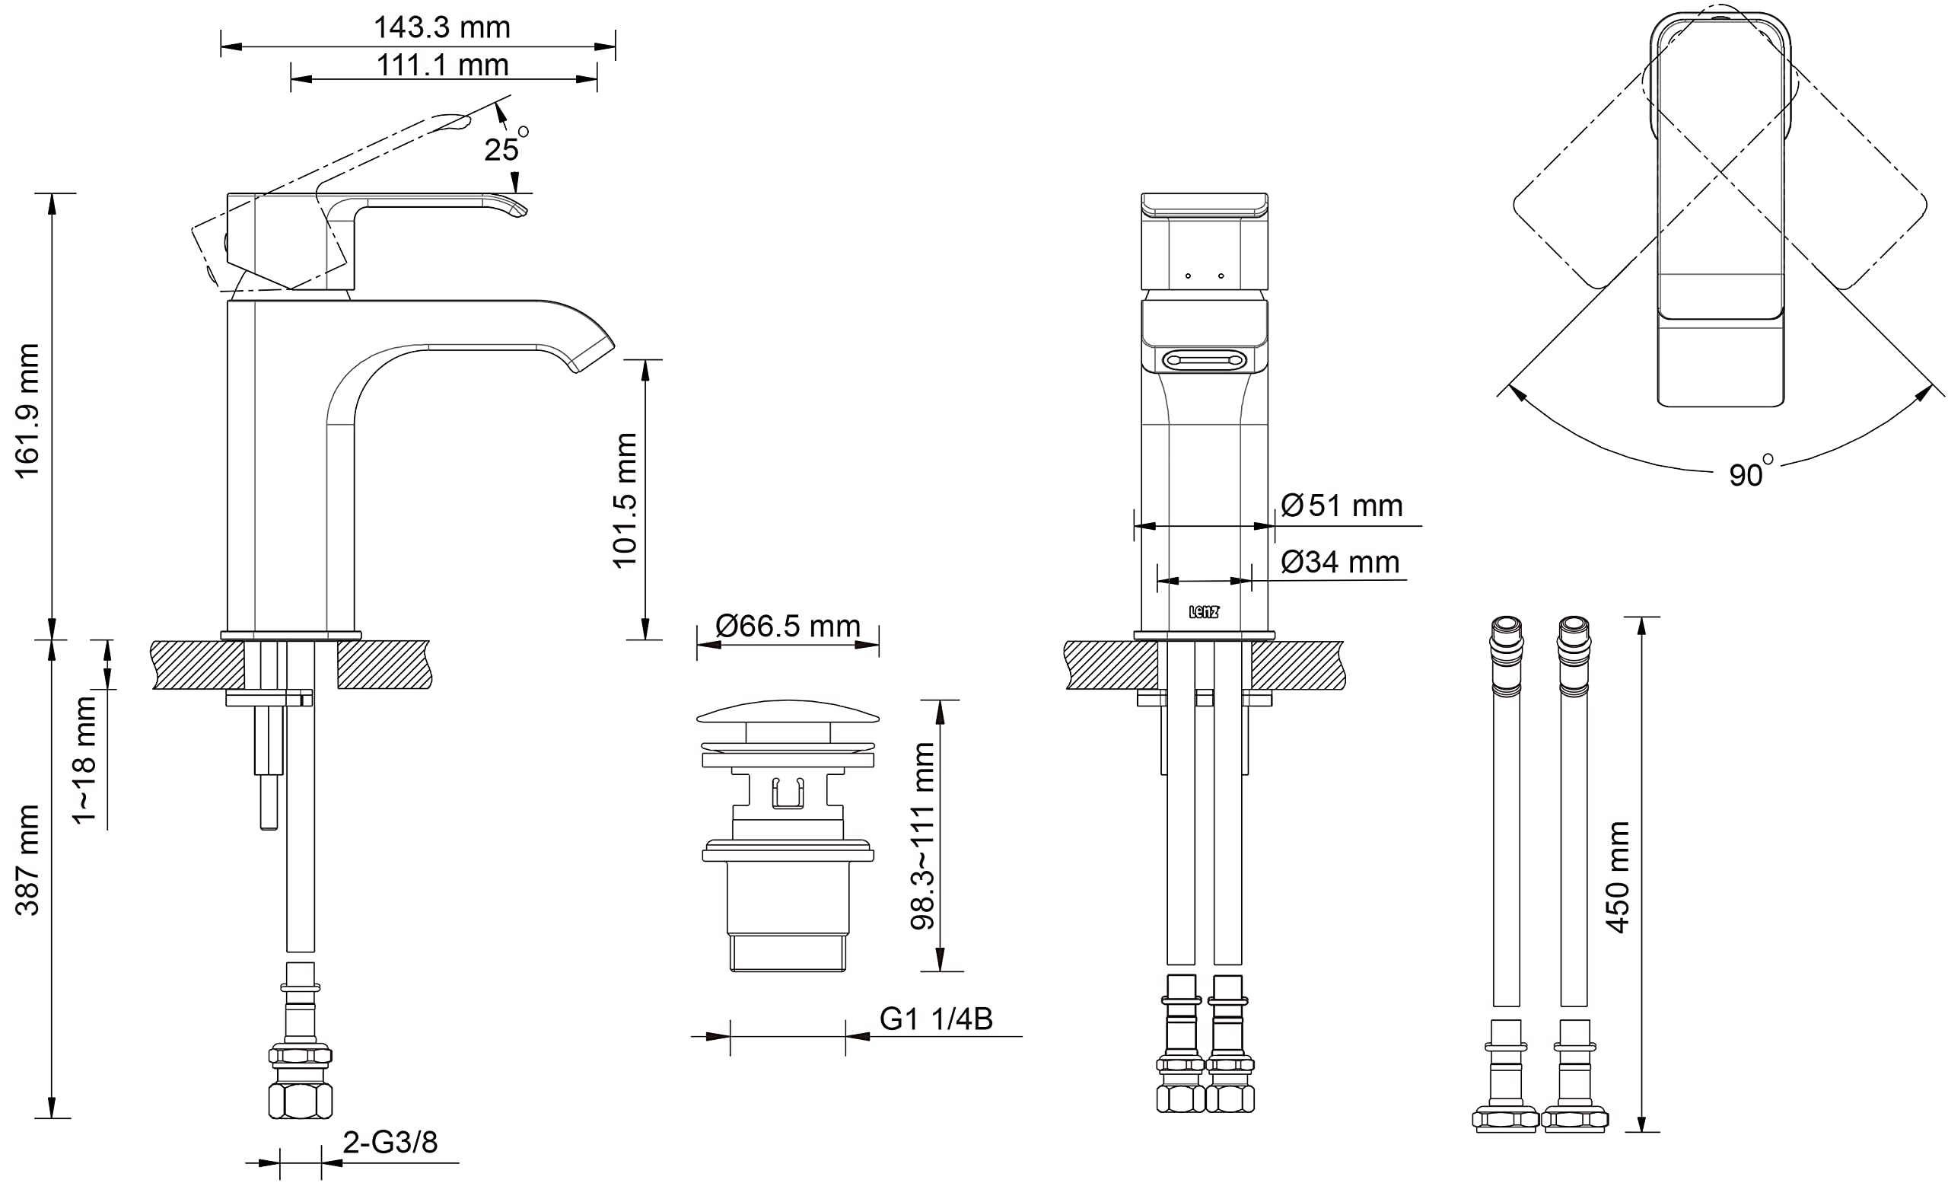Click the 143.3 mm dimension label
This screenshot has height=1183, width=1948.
tap(442, 27)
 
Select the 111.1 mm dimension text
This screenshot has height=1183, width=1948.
tap(442, 65)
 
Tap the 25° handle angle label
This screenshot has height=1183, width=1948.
tap(506, 145)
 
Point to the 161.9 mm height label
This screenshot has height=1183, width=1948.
tap(27, 411)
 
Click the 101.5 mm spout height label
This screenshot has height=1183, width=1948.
tap(625, 501)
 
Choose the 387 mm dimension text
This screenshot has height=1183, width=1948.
tap(27, 860)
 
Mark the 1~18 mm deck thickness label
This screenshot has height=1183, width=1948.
tap(84, 760)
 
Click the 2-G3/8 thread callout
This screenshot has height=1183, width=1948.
tap(390, 1142)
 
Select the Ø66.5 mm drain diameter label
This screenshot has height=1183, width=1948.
tap(788, 626)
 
